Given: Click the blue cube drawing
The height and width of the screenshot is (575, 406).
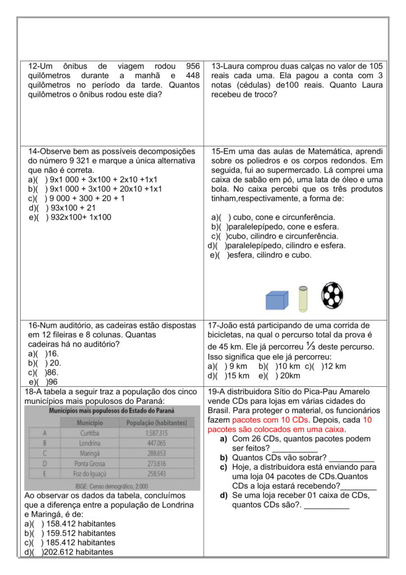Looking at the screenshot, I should coord(277,300).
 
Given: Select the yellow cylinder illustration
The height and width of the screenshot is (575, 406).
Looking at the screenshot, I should coord(303,298).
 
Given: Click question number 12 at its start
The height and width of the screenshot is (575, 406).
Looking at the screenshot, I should coord(35,66).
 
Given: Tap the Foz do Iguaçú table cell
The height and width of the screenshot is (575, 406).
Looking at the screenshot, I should coord(92,473).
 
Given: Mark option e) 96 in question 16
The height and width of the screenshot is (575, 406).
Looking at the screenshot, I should coord(41,382).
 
